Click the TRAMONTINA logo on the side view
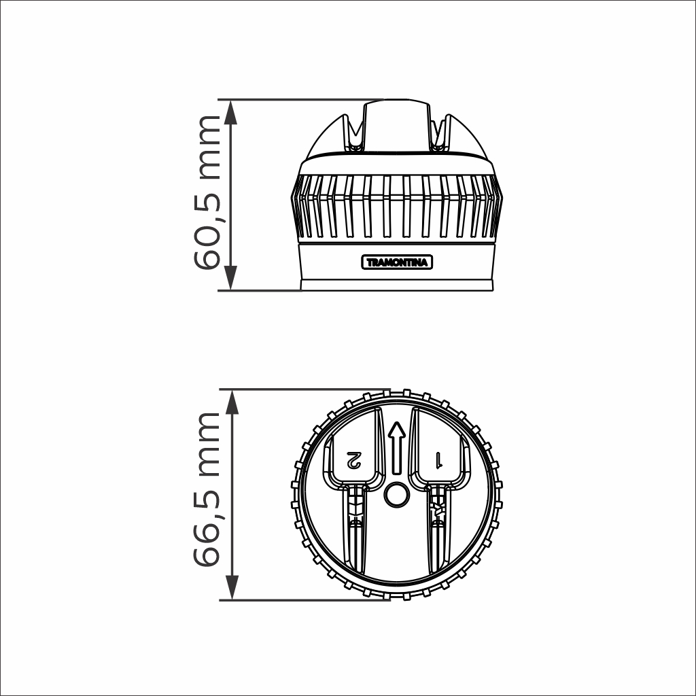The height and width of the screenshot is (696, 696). [x=397, y=262]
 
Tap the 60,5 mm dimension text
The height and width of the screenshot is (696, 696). [x=207, y=192]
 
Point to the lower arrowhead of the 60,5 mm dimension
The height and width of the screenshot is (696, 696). [x=231, y=278]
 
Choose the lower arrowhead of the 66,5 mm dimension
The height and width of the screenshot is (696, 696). [x=232, y=588]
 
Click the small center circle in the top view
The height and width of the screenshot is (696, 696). [x=396, y=495]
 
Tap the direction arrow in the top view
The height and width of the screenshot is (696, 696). [x=397, y=447]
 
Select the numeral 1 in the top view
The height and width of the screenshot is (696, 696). [x=438, y=460]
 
